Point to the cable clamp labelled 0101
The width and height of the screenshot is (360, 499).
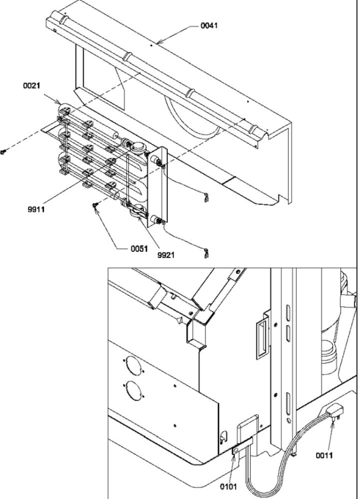[x=235, y=451]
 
